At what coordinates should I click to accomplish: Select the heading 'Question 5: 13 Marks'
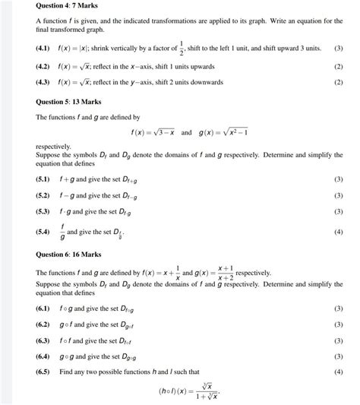pos(66,101)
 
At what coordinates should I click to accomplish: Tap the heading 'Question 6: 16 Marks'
pos(66,254)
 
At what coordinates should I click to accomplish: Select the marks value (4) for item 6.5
pos(339,372)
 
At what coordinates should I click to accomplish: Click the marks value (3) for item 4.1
pos(339,48)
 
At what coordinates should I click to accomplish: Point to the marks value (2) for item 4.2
pos(339,67)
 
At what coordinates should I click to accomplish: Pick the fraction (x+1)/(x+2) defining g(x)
pos(225,273)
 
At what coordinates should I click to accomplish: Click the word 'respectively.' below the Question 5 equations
pos(54,146)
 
